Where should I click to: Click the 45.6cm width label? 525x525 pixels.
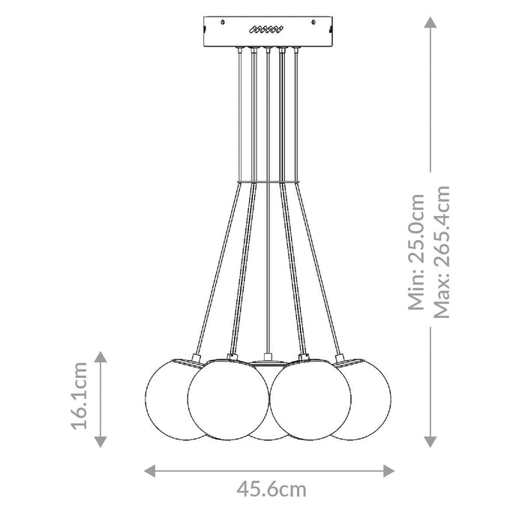coord(271,490)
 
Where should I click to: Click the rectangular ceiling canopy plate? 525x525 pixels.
coord(266,31)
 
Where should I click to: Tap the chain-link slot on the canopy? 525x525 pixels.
coord(266,31)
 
